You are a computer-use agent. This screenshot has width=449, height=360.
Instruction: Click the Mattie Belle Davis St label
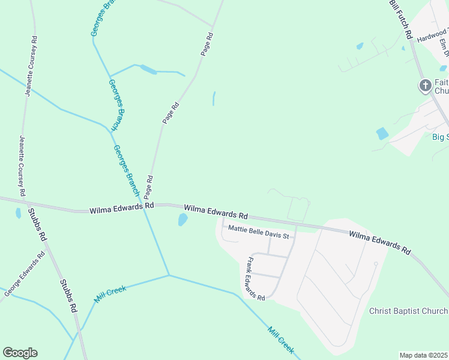click(258, 232)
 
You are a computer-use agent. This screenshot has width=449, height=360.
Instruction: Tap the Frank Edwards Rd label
click(255, 278)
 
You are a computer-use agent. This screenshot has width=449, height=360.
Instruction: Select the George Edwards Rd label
click(25, 274)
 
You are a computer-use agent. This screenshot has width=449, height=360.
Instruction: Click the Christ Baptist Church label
click(408, 311)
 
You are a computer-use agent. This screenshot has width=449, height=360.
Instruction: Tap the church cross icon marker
click(425, 86)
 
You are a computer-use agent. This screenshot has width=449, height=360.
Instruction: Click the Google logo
click(20, 353)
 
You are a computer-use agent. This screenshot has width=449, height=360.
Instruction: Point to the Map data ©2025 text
click(424, 355)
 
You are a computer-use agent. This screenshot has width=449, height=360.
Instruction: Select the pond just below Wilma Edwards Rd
click(182, 220)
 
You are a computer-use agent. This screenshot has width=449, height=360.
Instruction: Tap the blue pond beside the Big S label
click(382, 133)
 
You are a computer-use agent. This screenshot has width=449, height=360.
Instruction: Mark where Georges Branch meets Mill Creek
click(169, 275)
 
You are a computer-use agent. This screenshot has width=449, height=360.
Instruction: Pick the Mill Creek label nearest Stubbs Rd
click(109, 294)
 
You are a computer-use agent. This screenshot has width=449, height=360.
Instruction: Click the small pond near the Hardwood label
click(360, 46)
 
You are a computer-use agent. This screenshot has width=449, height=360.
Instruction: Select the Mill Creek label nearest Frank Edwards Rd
click(281, 340)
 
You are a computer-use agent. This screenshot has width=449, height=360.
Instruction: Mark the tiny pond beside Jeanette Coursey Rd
click(18, 213)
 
